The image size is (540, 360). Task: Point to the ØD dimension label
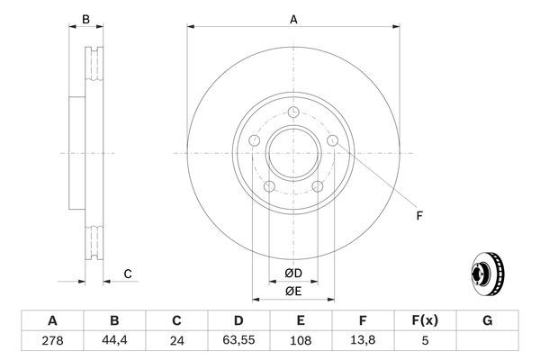coord(292,273)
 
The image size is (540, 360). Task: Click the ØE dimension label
coord(292,292)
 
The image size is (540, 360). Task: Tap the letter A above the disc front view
coord(292,18)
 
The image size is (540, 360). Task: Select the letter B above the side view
coord(86,18)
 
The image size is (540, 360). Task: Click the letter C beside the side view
coord(128,274)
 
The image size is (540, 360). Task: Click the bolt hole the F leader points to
coord(333,141)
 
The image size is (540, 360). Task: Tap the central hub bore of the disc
coord(292,153)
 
